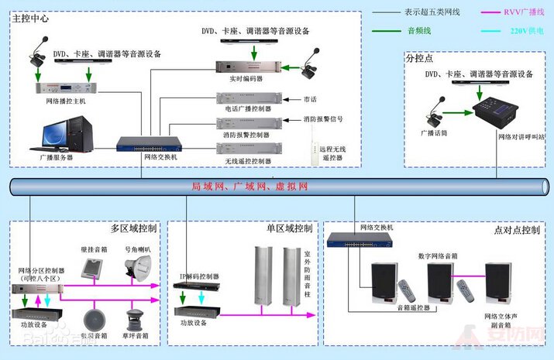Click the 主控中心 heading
31,18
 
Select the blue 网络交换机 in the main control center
149,143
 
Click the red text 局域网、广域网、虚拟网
249,187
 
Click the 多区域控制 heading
133,229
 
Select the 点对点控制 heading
516,230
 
